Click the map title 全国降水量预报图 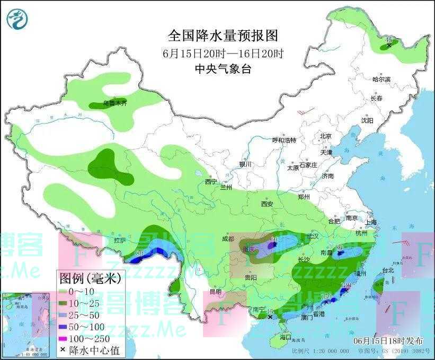pyautogui.click(x=223, y=36)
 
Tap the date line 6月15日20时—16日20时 pyautogui.click(x=223, y=53)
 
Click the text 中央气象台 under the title pyautogui.click(x=223, y=69)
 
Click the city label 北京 pyautogui.click(x=325, y=136)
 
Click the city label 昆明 pyautogui.click(x=215, y=292)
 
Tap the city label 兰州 pyautogui.click(x=227, y=187)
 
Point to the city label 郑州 pyautogui.click(x=304, y=197)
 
